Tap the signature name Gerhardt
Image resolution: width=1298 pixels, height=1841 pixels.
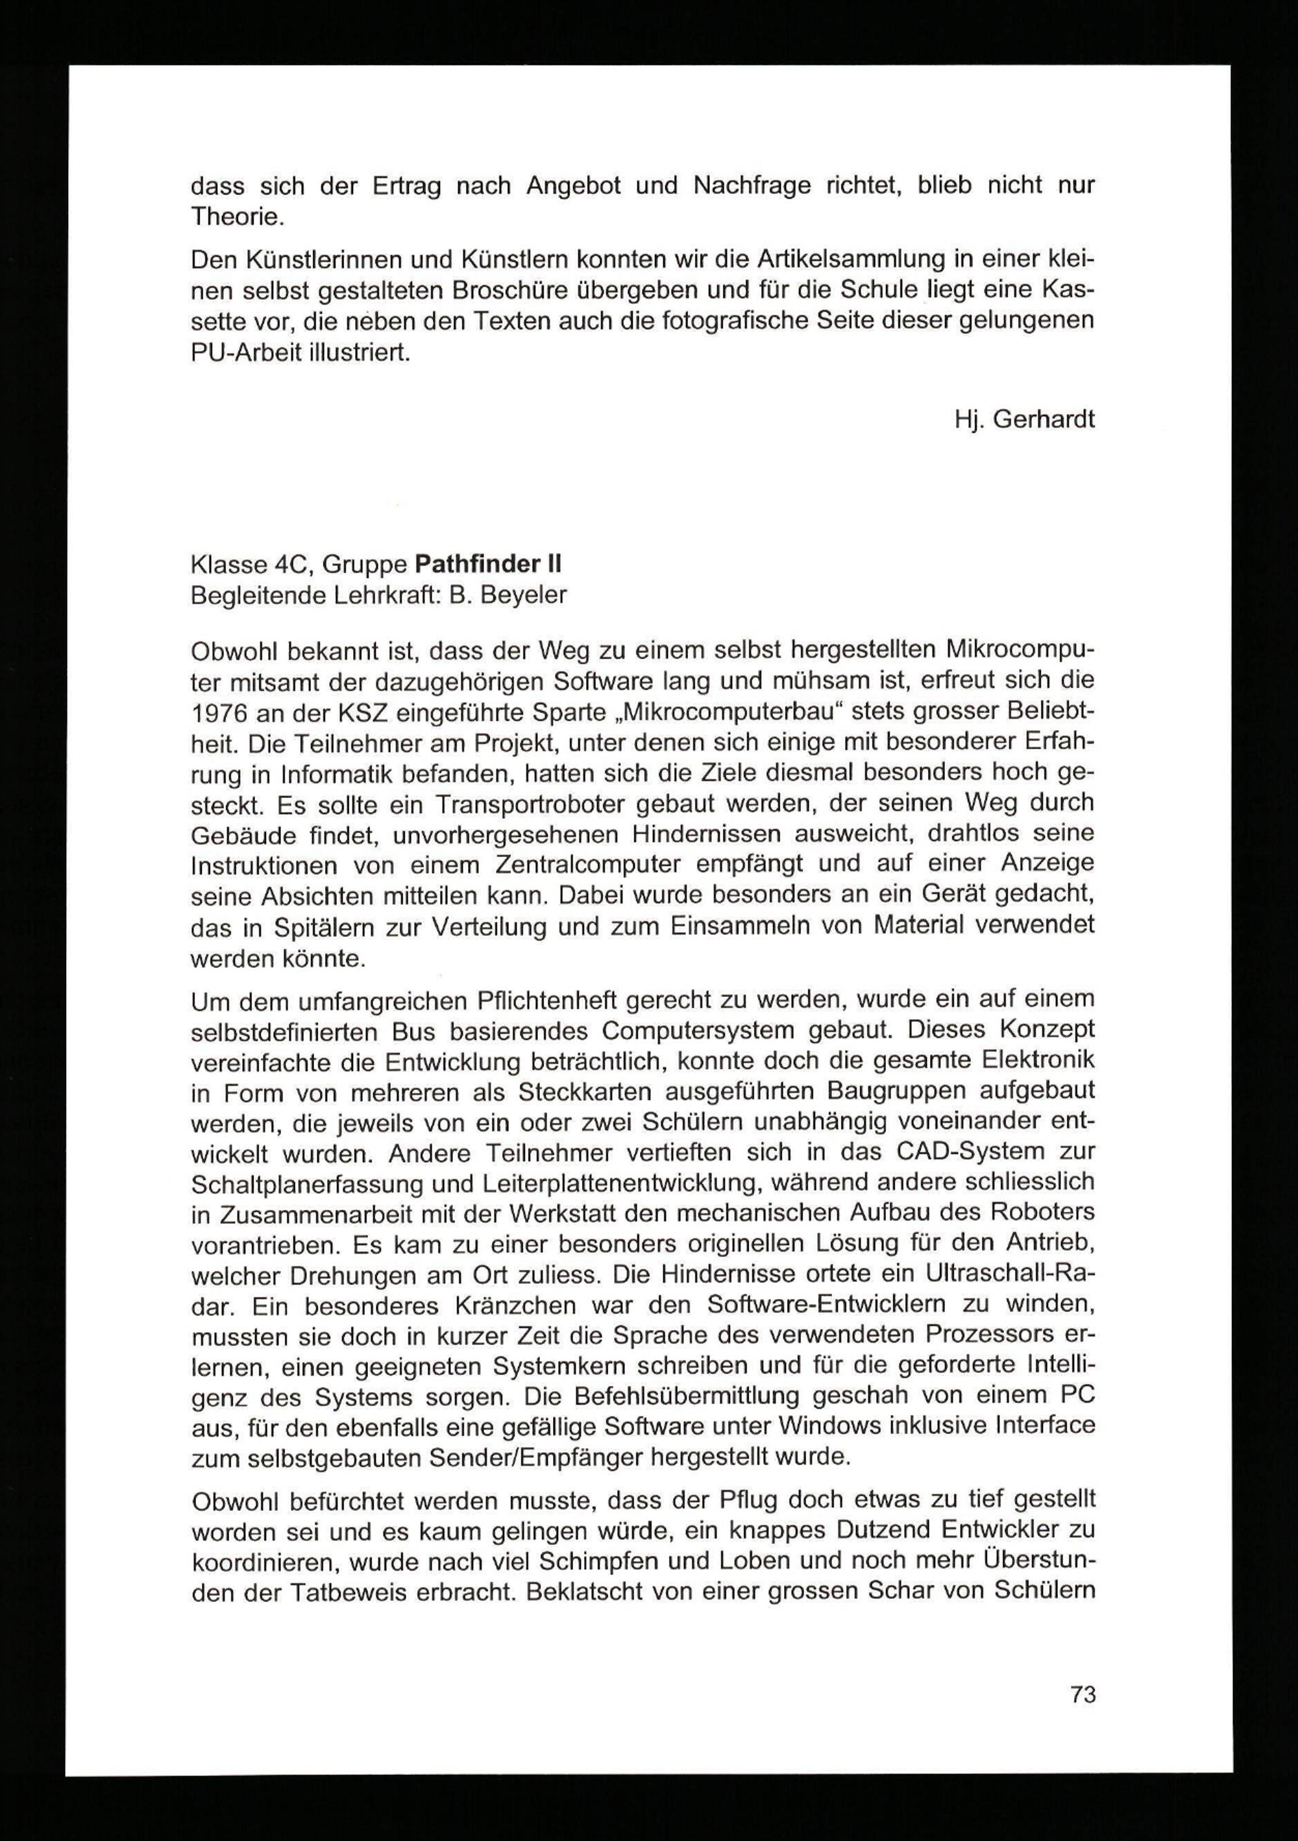click(x=1043, y=420)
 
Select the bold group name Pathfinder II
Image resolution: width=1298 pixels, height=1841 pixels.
click(x=487, y=565)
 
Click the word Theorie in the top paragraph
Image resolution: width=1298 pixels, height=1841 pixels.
click(x=238, y=217)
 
